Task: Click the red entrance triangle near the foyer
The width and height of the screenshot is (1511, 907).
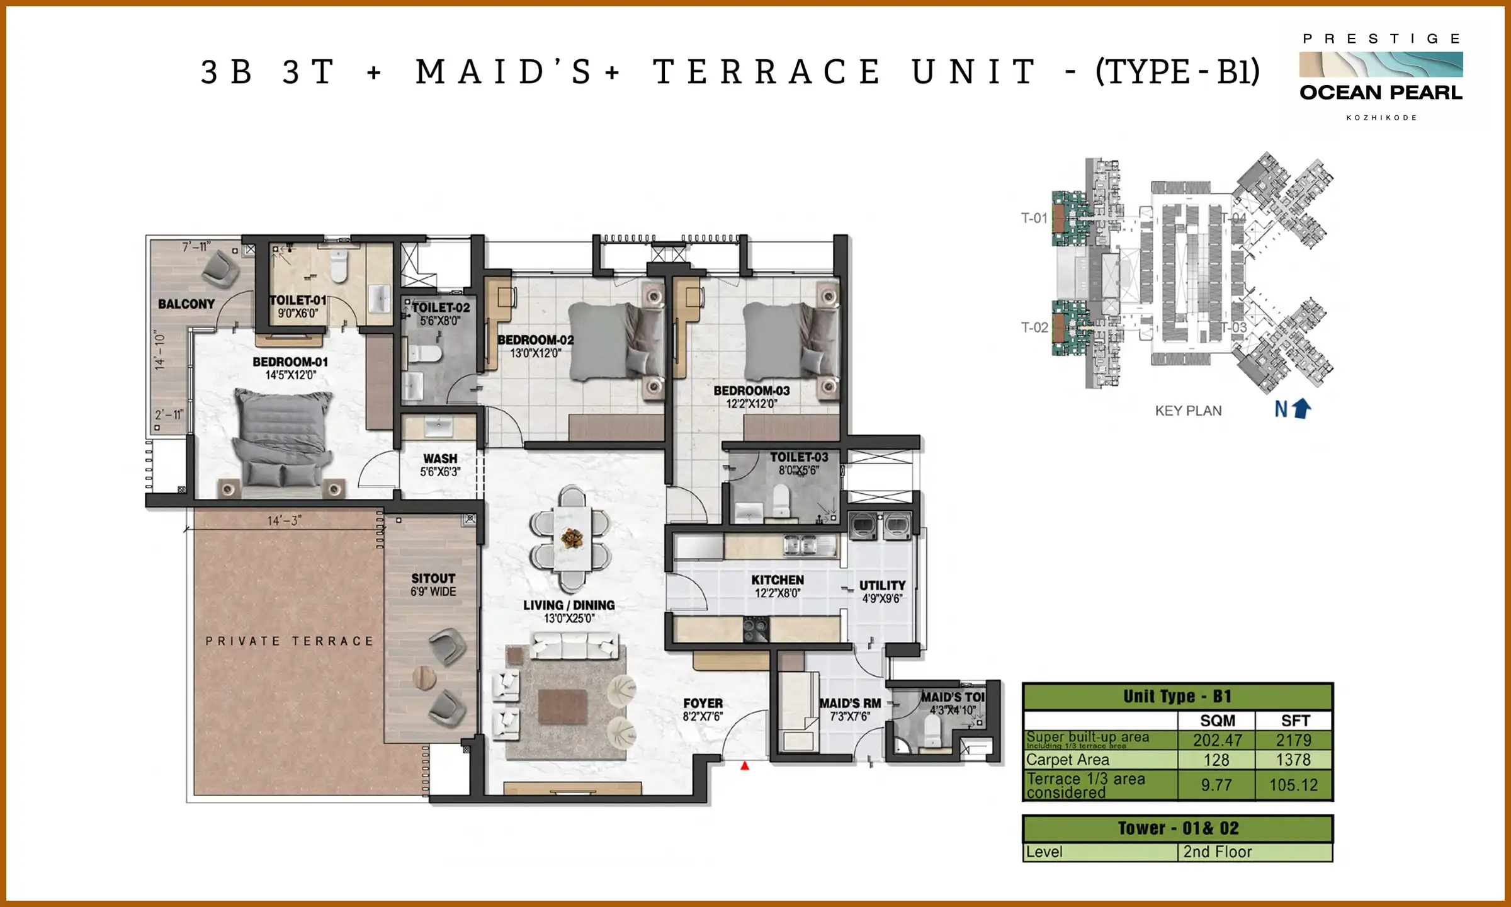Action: pyautogui.click(x=745, y=766)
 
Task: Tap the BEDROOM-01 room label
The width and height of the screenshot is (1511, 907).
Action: pyautogui.click(x=290, y=362)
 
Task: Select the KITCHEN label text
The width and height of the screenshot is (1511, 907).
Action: pyautogui.click(x=778, y=579)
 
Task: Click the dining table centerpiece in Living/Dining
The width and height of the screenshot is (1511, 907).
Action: pyautogui.click(x=572, y=538)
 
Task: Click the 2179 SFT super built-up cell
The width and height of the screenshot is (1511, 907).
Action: pyautogui.click(x=1293, y=740)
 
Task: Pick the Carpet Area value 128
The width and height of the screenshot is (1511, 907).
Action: pyautogui.click(x=1216, y=760)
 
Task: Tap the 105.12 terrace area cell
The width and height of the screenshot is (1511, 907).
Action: pyautogui.click(x=1293, y=785)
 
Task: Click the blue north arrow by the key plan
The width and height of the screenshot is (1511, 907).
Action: pyautogui.click(x=1302, y=409)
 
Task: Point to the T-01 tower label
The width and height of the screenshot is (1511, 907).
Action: pyautogui.click(x=1034, y=219)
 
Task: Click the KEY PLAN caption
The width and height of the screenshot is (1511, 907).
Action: pyautogui.click(x=1188, y=411)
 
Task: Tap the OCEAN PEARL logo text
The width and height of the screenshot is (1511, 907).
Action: pyautogui.click(x=1381, y=93)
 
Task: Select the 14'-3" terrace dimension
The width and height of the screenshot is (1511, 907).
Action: pyautogui.click(x=284, y=521)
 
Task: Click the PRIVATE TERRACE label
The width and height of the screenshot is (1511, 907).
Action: pyautogui.click(x=290, y=641)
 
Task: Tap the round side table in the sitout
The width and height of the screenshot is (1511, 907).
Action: pyautogui.click(x=424, y=678)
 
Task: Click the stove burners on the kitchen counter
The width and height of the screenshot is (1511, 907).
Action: pyautogui.click(x=756, y=628)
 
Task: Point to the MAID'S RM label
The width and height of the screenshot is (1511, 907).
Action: pyautogui.click(x=850, y=703)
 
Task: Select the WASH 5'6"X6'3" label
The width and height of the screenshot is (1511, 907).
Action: pyautogui.click(x=440, y=465)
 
